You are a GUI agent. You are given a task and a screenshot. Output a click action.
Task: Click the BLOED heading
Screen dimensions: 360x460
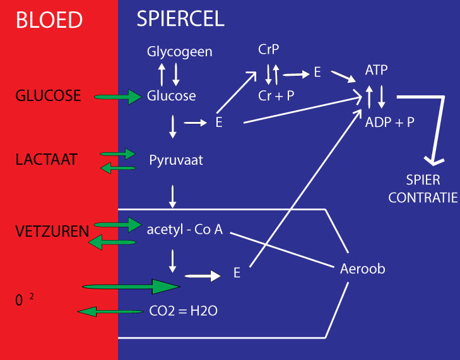[x=49, y=20]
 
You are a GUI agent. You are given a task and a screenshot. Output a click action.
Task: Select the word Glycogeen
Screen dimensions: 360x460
[x=180, y=52]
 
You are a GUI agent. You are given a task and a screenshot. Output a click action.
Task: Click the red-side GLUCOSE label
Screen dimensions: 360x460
[x=49, y=96]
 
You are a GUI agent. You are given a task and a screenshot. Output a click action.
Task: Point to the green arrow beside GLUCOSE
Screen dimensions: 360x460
[x=118, y=97]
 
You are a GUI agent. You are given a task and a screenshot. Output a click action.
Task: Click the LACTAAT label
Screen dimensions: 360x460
[x=47, y=160]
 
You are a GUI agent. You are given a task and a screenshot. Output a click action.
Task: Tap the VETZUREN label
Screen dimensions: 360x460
[x=52, y=232]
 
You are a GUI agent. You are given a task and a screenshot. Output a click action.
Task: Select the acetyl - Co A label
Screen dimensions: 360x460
[x=184, y=229]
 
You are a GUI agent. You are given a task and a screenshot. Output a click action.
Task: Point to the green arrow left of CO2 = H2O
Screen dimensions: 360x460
[x=105, y=311]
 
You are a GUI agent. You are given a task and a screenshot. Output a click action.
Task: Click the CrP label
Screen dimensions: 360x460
[x=268, y=49]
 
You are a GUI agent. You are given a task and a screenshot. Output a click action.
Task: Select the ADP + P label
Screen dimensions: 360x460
[x=390, y=122]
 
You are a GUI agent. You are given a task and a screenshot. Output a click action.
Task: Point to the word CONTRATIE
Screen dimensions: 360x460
[x=423, y=198]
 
